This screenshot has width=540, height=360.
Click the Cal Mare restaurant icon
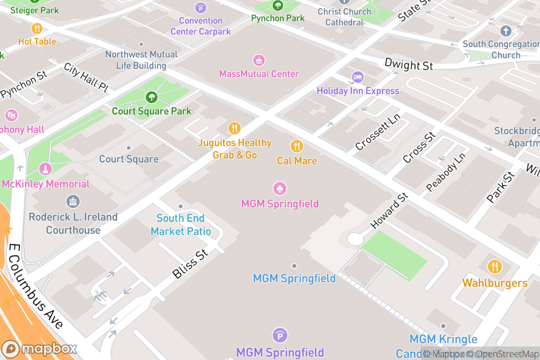(x=296, y=146)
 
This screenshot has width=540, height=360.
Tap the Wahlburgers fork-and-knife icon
(x=495, y=266)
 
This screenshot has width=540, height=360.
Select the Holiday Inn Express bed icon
(x=358, y=77)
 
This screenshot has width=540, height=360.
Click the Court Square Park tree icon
(x=152, y=97)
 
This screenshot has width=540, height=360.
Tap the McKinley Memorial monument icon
(x=45, y=169)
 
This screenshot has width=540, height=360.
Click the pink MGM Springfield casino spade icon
(x=280, y=189)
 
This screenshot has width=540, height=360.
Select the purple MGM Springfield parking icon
(x=280, y=335)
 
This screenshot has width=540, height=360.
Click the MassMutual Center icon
(x=259, y=60)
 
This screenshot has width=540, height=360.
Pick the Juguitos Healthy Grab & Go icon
(x=234, y=128)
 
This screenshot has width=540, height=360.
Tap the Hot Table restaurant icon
(x=37, y=28)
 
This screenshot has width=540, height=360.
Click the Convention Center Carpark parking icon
(x=200, y=8)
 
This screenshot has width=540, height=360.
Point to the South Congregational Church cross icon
(x=506, y=31)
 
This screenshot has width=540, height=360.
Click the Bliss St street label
(x=190, y=264)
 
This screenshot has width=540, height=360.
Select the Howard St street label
(x=389, y=210)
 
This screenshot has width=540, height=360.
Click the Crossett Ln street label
(x=378, y=131)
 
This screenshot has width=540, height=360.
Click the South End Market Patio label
(x=180, y=225)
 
